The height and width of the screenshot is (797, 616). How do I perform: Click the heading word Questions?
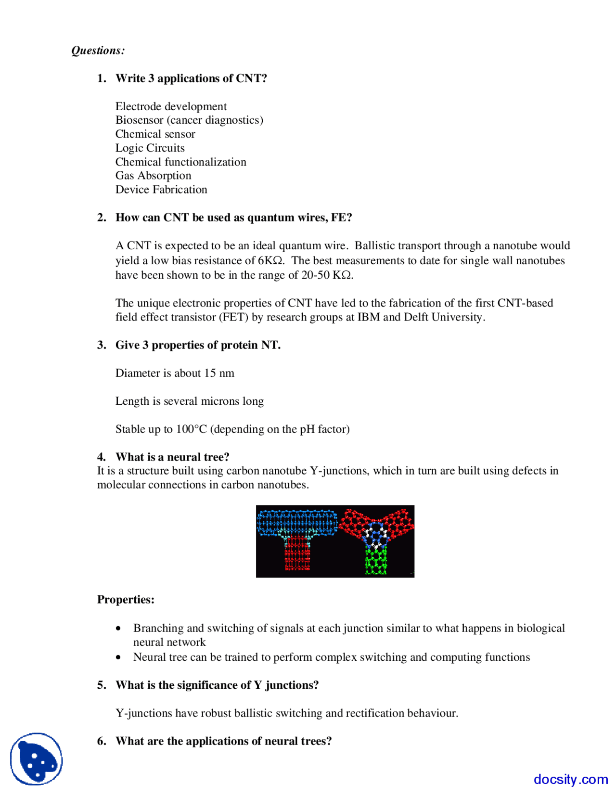coord(98,51)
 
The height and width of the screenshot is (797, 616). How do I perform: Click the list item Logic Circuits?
coord(150,148)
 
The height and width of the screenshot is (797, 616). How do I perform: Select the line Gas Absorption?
coord(153,176)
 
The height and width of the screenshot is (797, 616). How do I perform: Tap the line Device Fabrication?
coord(161,190)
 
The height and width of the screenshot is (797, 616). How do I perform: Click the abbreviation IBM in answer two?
coord(368,317)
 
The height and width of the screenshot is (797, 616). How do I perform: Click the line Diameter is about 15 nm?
coord(175,373)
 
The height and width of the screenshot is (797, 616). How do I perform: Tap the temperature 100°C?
coord(192,429)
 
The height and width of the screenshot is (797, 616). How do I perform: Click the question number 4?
coord(102,457)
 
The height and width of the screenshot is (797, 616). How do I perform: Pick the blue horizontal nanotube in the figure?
coord(297,522)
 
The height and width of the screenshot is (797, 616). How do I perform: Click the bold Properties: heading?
coord(126,600)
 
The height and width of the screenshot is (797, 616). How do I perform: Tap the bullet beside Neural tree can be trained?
coord(118,657)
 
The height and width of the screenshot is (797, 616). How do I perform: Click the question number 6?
coord(102,741)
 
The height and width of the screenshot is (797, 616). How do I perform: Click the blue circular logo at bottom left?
coord(37,759)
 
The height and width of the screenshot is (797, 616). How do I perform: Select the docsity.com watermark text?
coord(570,779)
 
